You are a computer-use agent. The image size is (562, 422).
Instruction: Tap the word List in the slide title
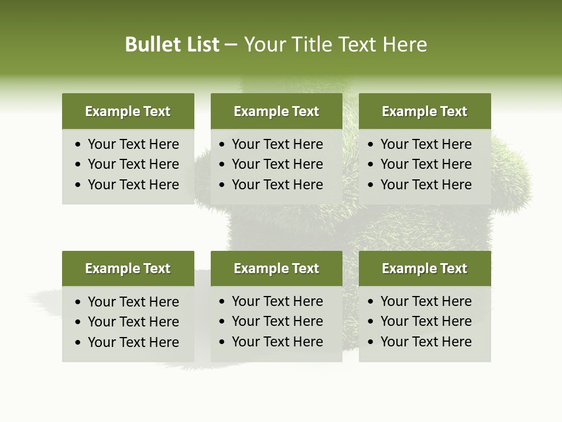[200, 45]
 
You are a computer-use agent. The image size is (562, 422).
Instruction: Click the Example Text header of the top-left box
[128, 111]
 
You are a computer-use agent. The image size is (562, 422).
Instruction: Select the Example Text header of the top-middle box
[276, 111]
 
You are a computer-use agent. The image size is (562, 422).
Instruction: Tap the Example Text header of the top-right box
[424, 111]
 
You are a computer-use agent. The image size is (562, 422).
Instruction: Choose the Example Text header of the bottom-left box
[128, 268]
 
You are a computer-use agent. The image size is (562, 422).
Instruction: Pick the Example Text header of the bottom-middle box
[276, 268]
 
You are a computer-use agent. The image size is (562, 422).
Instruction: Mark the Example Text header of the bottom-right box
[424, 268]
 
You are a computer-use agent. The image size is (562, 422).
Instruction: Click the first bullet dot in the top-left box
[78, 145]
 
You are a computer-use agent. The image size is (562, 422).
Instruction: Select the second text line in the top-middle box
[277, 164]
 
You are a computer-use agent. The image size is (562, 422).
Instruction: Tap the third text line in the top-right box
[426, 185]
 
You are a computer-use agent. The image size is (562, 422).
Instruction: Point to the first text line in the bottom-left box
[133, 302]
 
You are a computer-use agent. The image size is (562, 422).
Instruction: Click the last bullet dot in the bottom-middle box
[222, 342]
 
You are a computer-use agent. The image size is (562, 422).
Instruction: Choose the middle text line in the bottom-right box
[426, 321]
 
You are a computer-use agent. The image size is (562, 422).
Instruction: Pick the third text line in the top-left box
[133, 185]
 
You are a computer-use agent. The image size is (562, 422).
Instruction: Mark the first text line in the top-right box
[426, 144]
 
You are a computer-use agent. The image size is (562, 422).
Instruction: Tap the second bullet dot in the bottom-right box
[371, 322]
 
